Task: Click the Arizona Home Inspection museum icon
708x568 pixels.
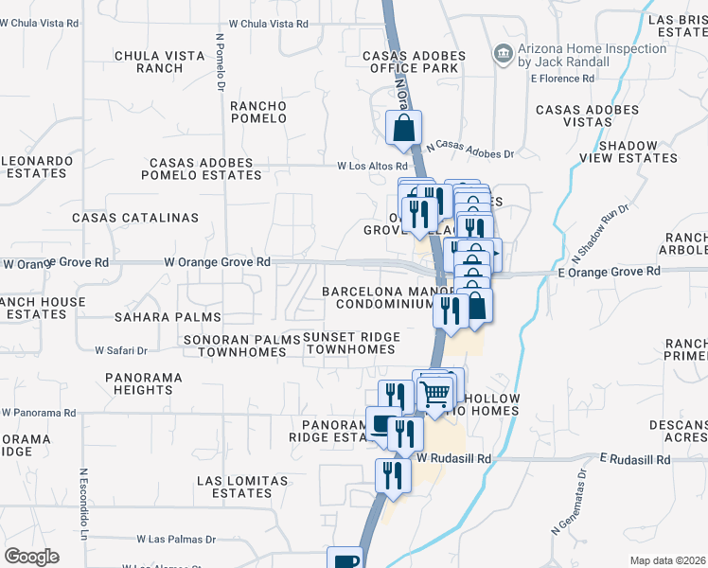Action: pyautogui.click(x=504, y=55)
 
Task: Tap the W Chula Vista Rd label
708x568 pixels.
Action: pyautogui.click(x=270, y=25)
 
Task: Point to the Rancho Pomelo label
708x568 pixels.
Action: pyautogui.click(x=258, y=112)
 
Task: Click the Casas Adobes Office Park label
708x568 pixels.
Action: pyautogui.click(x=415, y=62)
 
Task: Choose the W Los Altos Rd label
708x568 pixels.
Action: pyautogui.click(x=372, y=166)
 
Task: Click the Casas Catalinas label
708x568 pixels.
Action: pyautogui.click(x=135, y=218)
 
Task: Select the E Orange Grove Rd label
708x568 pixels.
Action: pyautogui.click(x=608, y=272)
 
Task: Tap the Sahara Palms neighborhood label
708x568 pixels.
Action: pyautogui.click(x=168, y=317)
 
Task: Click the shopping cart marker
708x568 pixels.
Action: pyautogui.click(x=434, y=392)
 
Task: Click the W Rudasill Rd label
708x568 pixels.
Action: pyautogui.click(x=455, y=457)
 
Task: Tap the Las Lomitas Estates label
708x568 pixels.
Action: pyautogui.click(x=242, y=487)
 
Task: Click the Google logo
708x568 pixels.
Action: pyautogui.click(x=30, y=557)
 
